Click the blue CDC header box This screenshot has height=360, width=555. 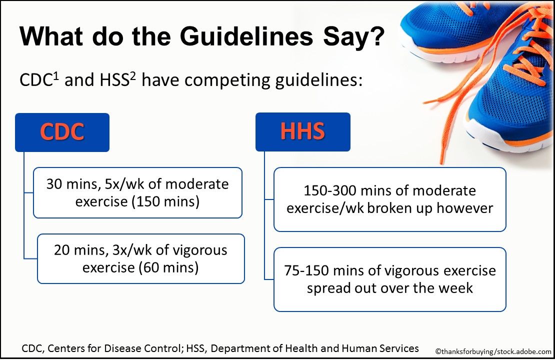pyautogui.click(x=62, y=132)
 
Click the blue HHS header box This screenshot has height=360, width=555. pyautogui.click(x=302, y=132)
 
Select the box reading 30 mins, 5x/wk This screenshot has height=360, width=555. pyautogui.click(x=137, y=192)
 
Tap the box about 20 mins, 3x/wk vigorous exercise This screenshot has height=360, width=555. pyautogui.click(x=140, y=258)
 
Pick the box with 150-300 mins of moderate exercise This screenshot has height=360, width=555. pyautogui.click(x=389, y=199)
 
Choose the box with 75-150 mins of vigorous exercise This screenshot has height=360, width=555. pyautogui.click(x=389, y=279)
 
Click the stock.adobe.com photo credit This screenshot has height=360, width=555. pyautogui.click(x=492, y=351)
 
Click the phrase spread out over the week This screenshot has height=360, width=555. pyautogui.click(x=389, y=288)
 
